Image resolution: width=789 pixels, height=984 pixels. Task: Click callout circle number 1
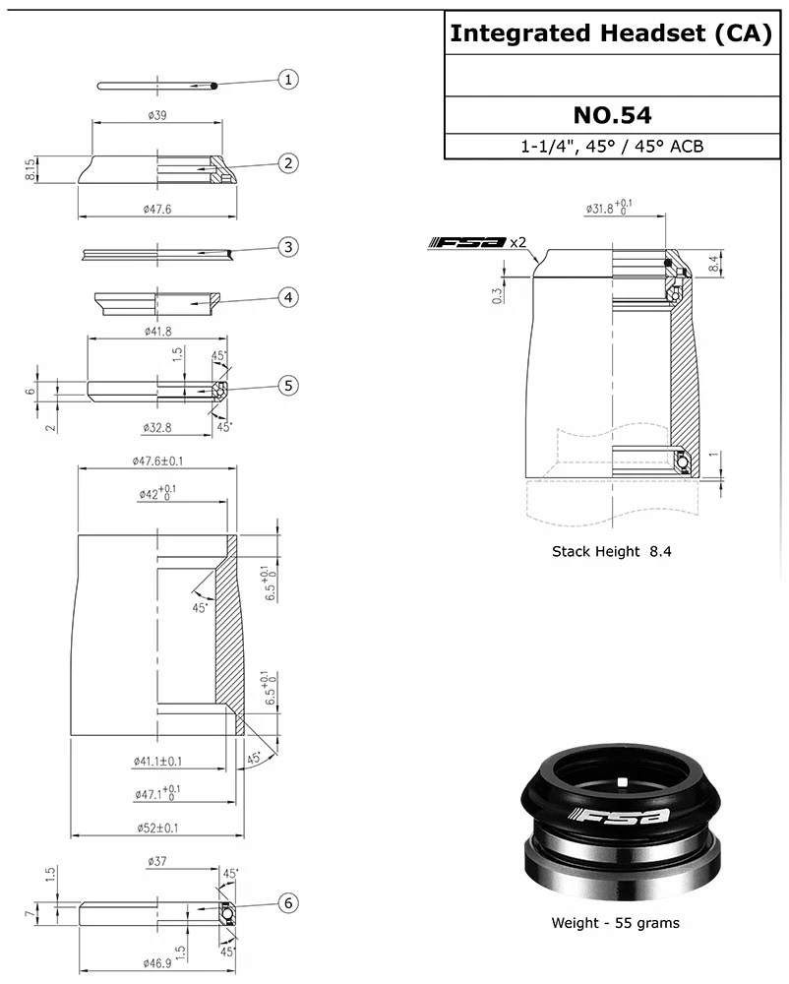(287, 80)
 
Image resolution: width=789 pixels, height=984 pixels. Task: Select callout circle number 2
(287, 163)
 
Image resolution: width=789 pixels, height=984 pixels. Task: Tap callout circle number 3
(287, 247)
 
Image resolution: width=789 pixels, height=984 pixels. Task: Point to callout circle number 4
(287, 297)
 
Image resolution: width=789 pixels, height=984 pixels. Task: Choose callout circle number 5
(287, 386)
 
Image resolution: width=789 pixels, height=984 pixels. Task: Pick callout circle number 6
(287, 903)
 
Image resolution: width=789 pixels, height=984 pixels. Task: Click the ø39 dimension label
(156, 115)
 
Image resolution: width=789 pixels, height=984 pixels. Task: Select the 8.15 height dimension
(31, 169)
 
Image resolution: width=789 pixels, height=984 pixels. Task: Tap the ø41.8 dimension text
(157, 331)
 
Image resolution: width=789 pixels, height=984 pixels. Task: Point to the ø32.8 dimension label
(157, 428)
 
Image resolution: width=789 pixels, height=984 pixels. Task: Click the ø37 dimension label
(156, 861)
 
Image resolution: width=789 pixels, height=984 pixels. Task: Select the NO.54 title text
(612, 115)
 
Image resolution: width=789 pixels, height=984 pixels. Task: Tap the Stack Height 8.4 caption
(611, 551)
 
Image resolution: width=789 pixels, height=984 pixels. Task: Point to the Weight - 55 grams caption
(615, 923)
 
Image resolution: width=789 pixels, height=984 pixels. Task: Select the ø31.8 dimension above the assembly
(609, 209)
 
